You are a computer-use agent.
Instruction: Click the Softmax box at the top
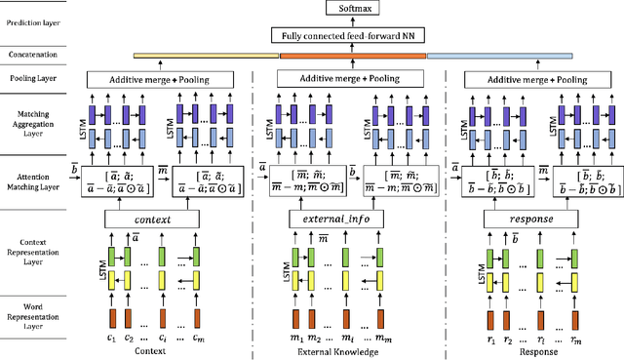coord(351,11)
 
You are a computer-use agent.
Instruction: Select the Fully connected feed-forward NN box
coord(351,36)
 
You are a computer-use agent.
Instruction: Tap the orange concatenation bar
coord(352,57)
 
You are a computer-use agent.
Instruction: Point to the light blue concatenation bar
coord(496,57)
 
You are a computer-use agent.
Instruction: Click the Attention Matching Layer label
coord(33,172)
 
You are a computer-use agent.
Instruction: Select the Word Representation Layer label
coord(33,317)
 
